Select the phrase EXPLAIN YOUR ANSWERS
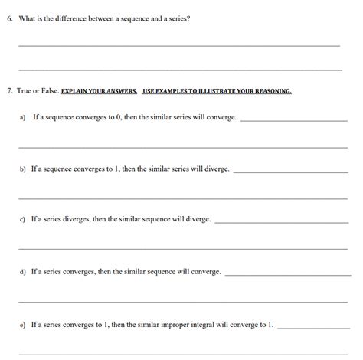(100, 90)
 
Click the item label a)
(23, 118)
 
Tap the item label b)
(23, 169)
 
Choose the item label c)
(23, 219)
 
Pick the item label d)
(23, 271)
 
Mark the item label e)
(23, 325)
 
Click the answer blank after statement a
(295, 120)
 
